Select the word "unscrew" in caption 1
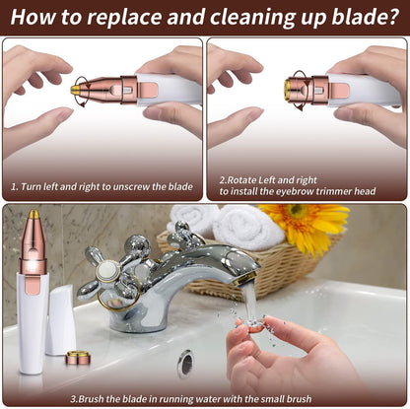tap(133, 185)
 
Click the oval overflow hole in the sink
tap(185, 363)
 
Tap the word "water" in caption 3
tap(227, 398)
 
